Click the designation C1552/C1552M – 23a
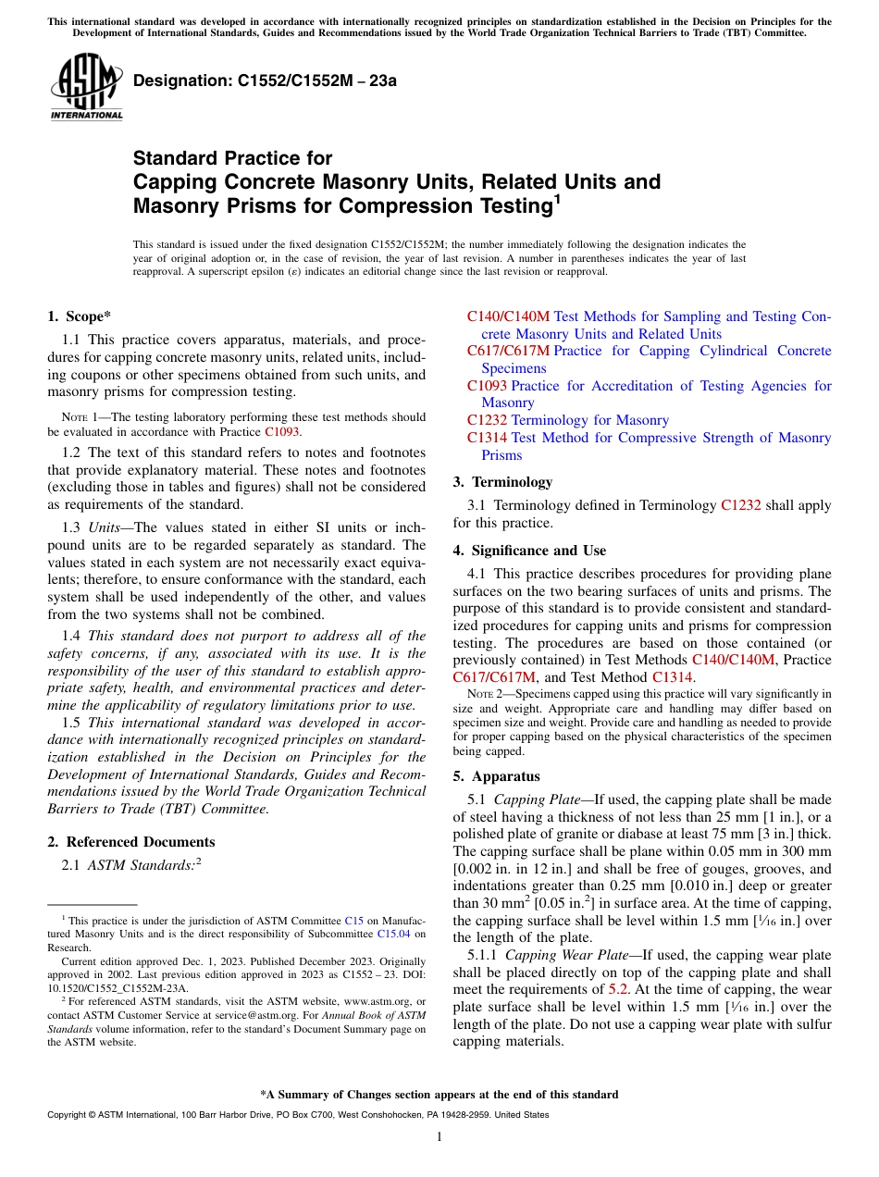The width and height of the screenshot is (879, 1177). (x=265, y=81)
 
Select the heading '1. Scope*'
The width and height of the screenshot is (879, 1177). (x=79, y=316)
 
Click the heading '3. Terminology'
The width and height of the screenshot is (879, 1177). (x=502, y=482)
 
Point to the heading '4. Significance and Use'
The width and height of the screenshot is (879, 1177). (x=529, y=551)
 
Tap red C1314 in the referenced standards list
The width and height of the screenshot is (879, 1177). (x=487, y=438)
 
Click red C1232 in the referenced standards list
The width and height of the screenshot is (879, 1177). (x=487, y=420)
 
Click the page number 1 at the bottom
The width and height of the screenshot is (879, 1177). (x=439, y=1136)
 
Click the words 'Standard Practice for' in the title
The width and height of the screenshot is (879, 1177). (x=232, y=158)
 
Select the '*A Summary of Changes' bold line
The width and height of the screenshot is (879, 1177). (x=439, y=1095)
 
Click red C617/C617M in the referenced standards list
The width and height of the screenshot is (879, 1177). (x=508, y=351)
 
